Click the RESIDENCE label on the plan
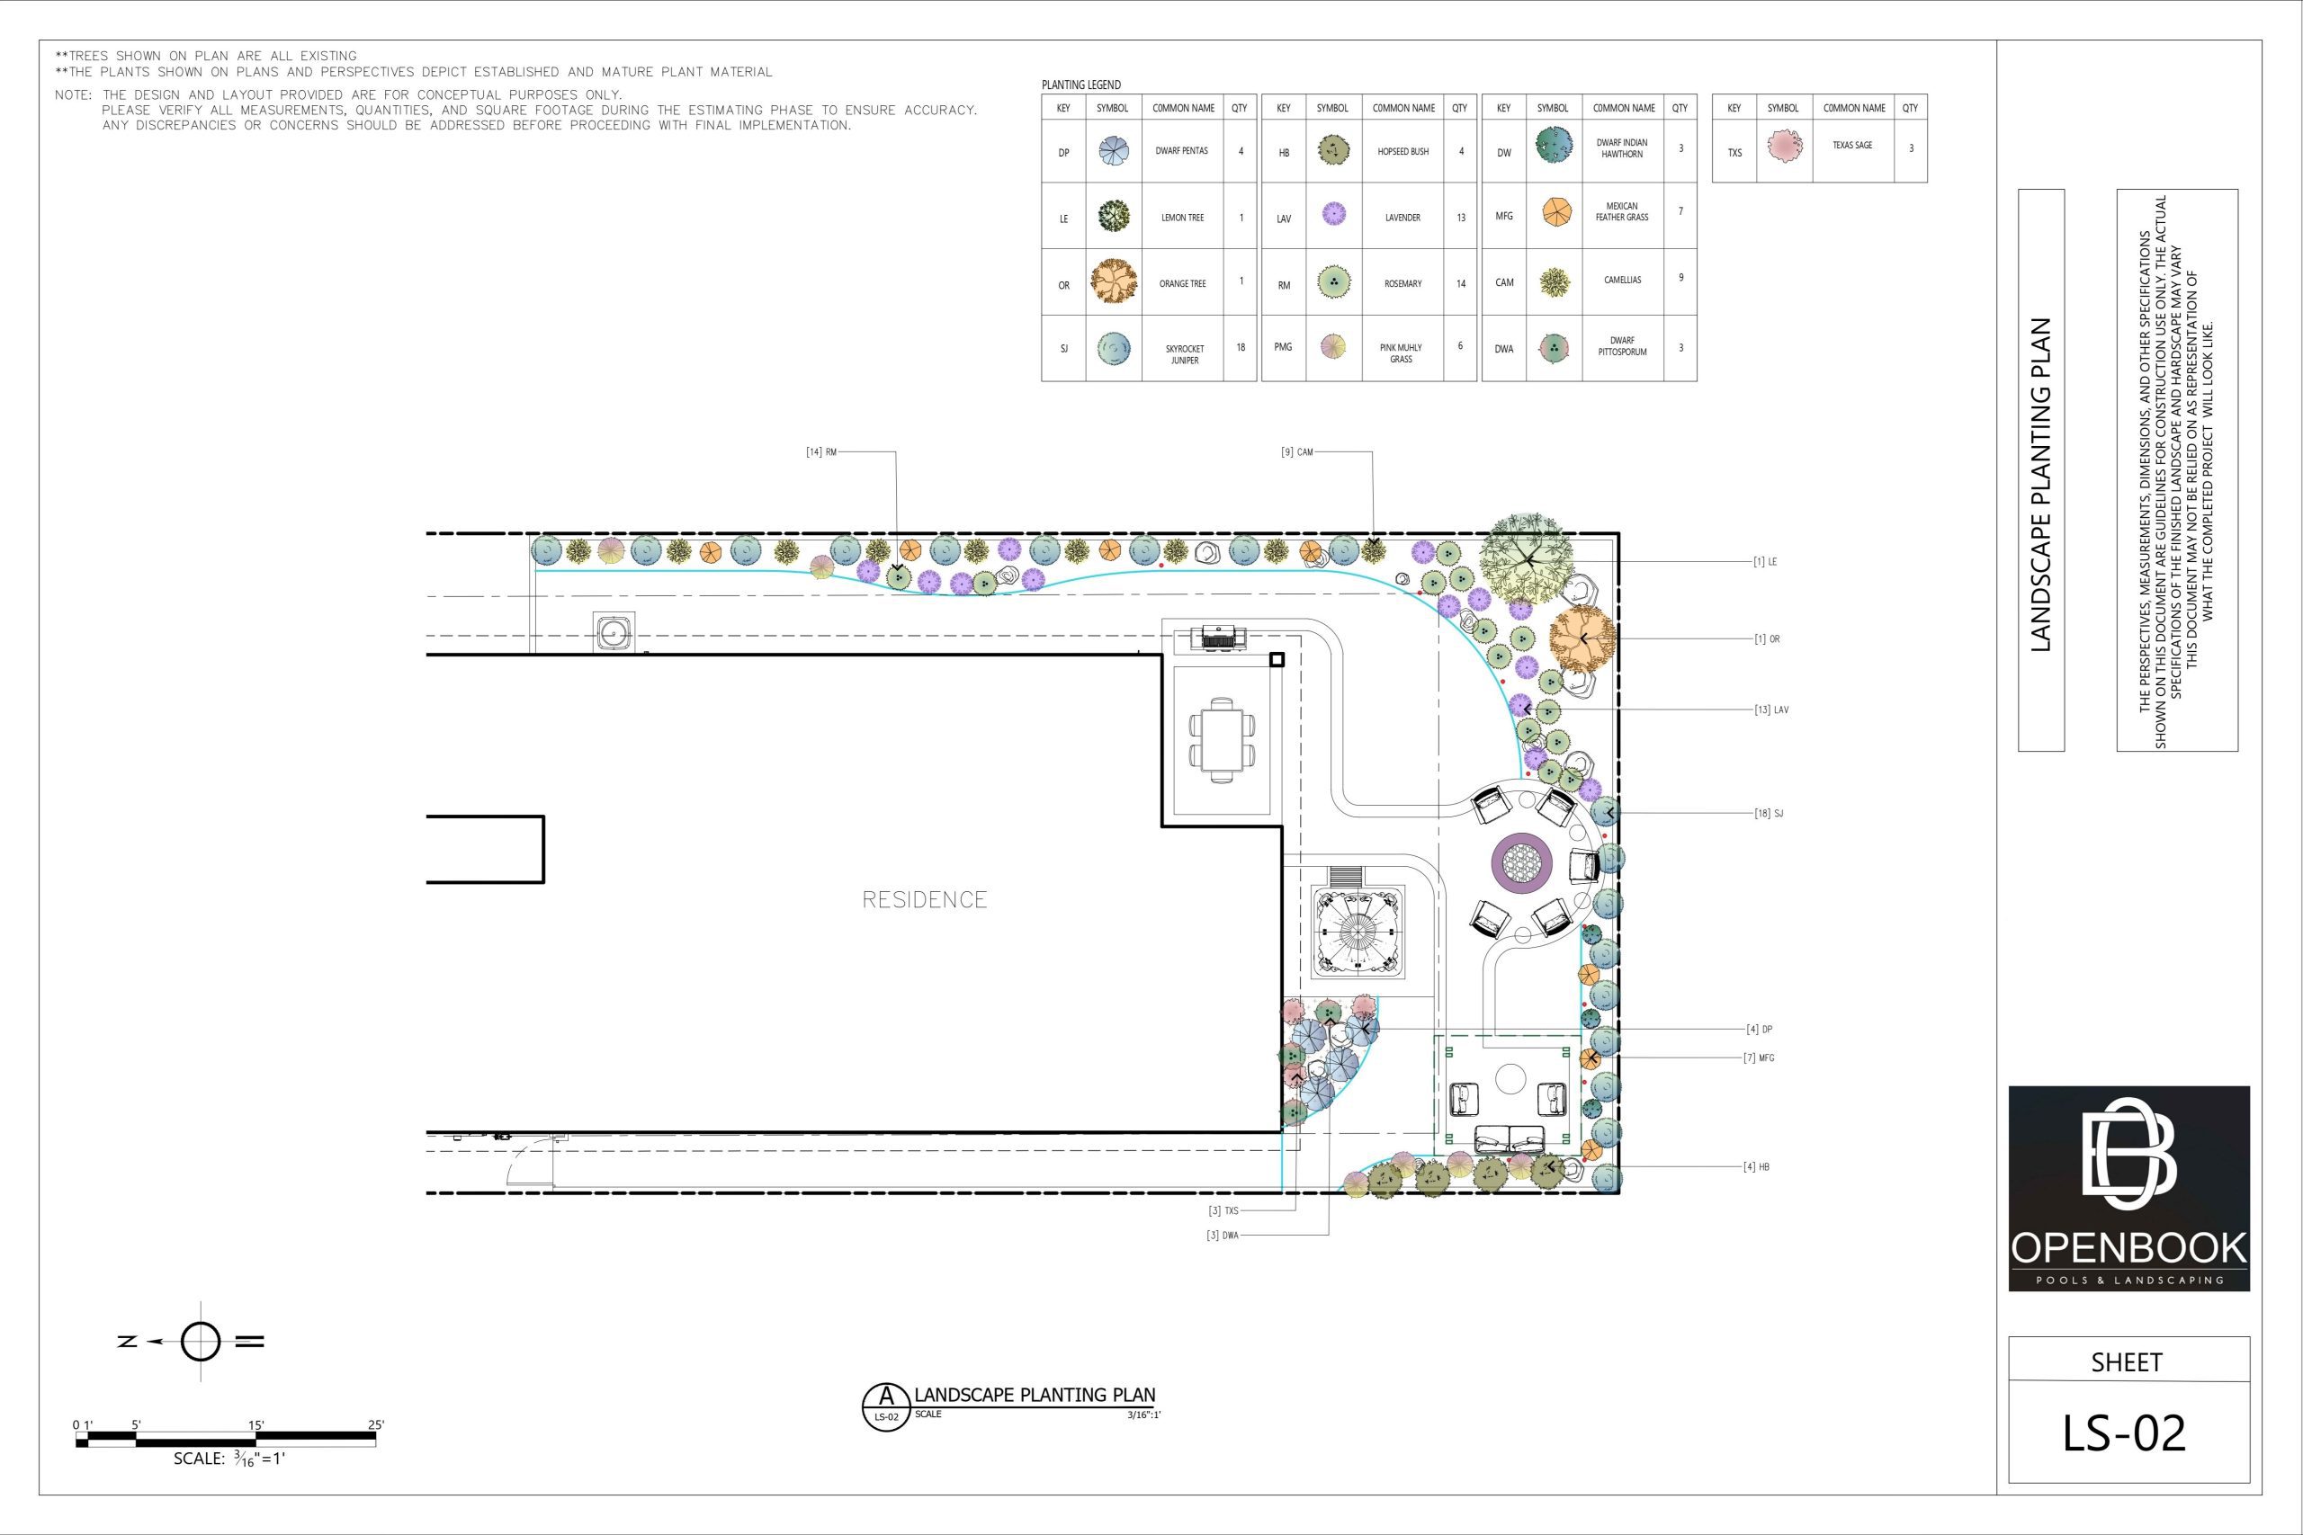pyautogui.click(x=924, y=899)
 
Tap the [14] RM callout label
pyautogui.click(x=820, y=452)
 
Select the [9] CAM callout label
pyautogui.click(x=1296, y=452)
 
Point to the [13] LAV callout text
pyautogui.click(x=1771, y=709)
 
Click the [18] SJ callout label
pyautogui.click(x=1769, y=814)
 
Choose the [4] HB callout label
pyautogui.click(x=1756, y=1167)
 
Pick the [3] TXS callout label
pyautogui.click(x=1223, y=1211)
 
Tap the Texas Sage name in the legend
pyautogui.click(x=1851, y=145)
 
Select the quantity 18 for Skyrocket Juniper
pyautogui.click(x=1241, y=347)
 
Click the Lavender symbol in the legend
pyautogui.click(x=1332, y=214)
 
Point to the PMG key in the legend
pyautogui.click(x=1283, y=346)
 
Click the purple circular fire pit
pyautogui.click(x=1520, y=862)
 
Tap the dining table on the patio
pyautogui.click(x=1221, y=739)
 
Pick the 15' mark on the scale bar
pyautogui.click(x=255, y=1424)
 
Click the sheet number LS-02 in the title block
pyautogui.click(x=2124, y=1432)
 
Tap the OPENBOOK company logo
pyautogui.click(x=2128, y=1189)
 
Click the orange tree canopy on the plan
pyautogui.click(x=1582, y=639)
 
